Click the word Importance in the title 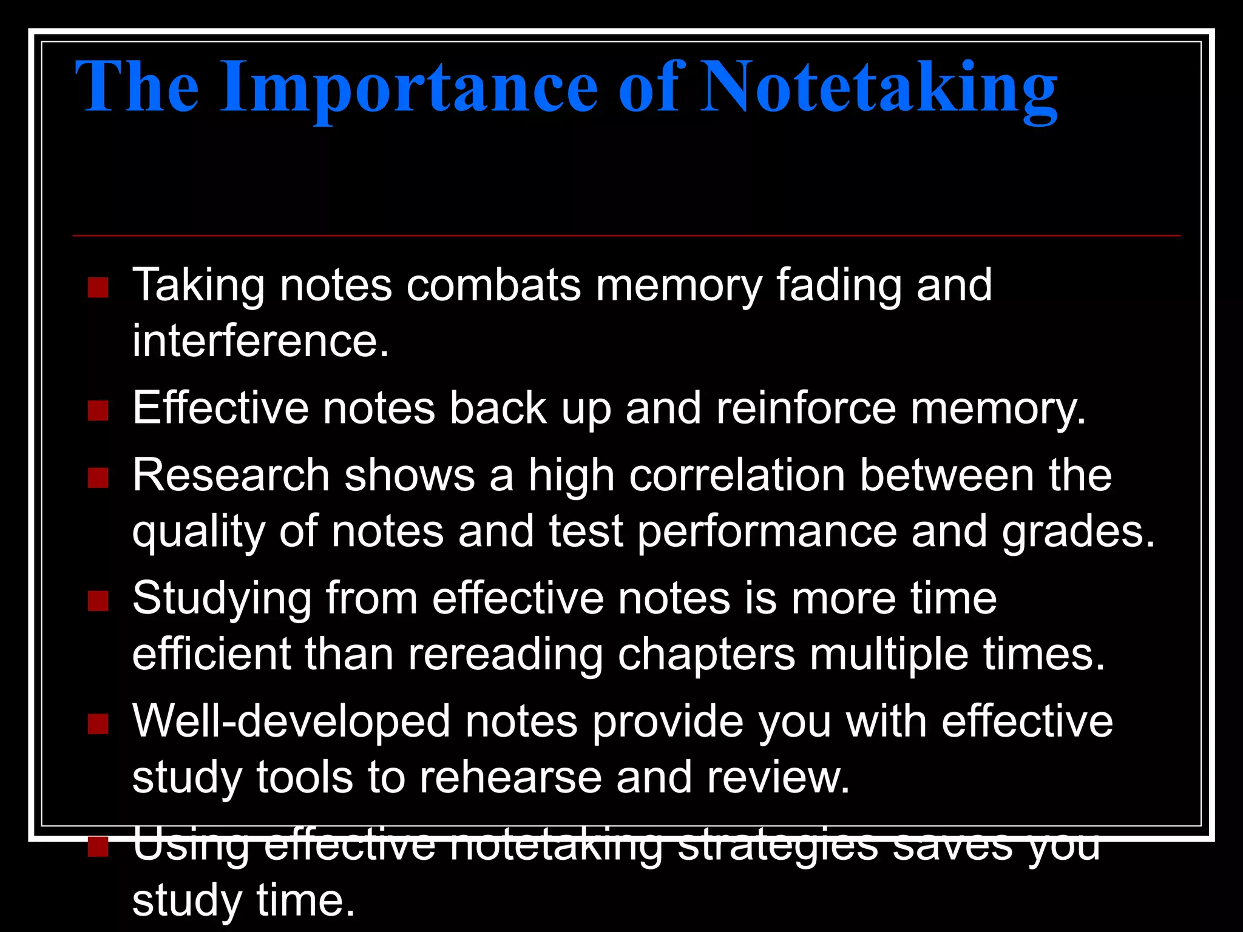(410, 88)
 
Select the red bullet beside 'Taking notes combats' (98, 288)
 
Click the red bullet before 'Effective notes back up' (98, 411)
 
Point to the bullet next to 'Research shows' (98, 478)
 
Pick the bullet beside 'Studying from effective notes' (98, 601)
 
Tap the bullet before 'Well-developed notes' (98, 724)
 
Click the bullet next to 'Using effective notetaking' (98, 846)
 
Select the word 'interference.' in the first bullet (260, 341)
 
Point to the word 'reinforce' (806, 408)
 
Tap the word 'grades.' (1078, 532)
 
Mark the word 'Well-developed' (291, 721)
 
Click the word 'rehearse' (510, 777)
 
